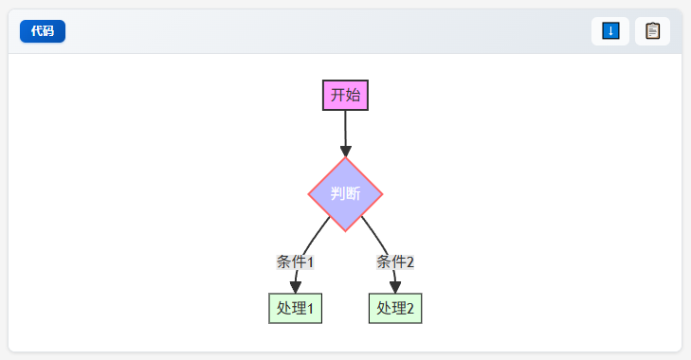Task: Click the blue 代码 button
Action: click(x=43, y=31)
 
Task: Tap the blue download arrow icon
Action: click(x=610, y=31)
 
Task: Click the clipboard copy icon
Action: click(x=652, y=31)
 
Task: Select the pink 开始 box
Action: click(x=345, y=95)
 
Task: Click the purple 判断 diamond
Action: click(x=345, y=194)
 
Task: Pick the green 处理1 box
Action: click(x=295, y=309)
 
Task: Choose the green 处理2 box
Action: click(x=395, y=309)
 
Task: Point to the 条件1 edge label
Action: click(x=295, y=261)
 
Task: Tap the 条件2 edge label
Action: click(x=395, y=261)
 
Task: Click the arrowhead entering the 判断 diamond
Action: click(x=345, y=152)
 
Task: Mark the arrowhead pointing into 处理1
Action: click(x=295, y=287)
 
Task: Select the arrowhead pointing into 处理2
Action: click(x=395, y=287)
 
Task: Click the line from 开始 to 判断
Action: click(x=345, y=128)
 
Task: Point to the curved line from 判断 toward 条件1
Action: click(x=316, y=235)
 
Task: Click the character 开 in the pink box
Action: click(x=338, y=95)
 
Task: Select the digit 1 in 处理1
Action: click(x=310, y=309)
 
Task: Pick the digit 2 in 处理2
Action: click(x=410, y=309)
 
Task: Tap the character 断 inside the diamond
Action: click(x=353, y=193)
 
